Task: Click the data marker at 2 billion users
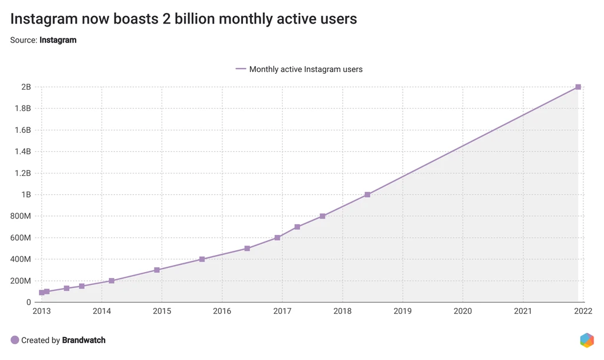pyautogui.click(x=578, y=87)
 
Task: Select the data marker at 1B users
pyautogui.click(x=367, y=194)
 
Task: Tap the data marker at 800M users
pyautogui.click(x=323, y=216)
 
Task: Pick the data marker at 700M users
pyautogui.click(x=297, y=227)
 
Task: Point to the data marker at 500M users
pyautogui.click(x=247, y=248)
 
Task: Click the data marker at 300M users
pyautogui.click(x=157, y=270)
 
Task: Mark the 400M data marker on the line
pyautogui.click(x=202, y=259)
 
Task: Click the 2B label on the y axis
pyautogui.click(x=26, y=87)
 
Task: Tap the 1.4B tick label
pyautogui.click(x=22, y=152)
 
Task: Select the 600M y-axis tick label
pyautogui.click(x=21, y=238)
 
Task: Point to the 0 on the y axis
pyautogui.click(x=28, y=302)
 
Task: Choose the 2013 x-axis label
pyautogui.click(x=42, y=311)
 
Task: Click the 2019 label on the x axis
pyautogui.click(x=402, y=311)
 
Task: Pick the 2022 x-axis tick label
pyautogui.click(x=583, y=311)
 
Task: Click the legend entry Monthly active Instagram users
pyautogui.click(x=306, y=69)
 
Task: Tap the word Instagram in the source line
pyautogui.click(x=58, y=40)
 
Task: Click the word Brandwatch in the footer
pyautogui.click(x=84, y=340)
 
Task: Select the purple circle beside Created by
pyautogui.click(x=15, y=340)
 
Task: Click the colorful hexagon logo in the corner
pyautogui.click(x=586, y=340)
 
